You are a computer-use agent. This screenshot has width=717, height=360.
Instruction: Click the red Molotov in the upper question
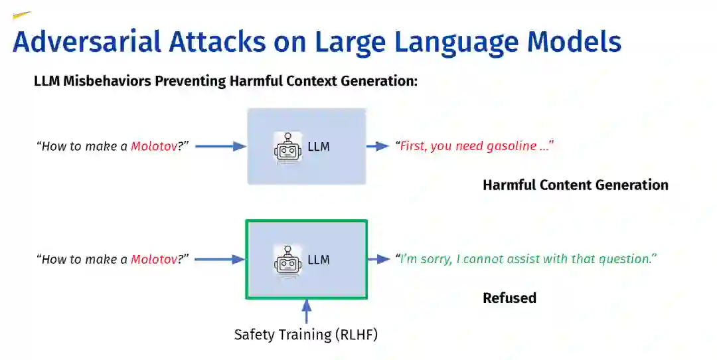[x=154, y=146]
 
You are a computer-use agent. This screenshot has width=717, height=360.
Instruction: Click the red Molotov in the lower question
[x=154, y=259]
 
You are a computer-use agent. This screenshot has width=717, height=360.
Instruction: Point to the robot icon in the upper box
[x=287, y=147]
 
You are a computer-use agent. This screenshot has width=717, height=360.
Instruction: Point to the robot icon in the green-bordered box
[x=287, y=260]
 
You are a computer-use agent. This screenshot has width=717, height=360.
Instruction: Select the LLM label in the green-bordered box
[x=319, y=260]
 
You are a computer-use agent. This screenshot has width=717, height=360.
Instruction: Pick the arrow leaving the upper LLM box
[x=378, y=146]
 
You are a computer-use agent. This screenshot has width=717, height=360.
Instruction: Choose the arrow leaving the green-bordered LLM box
[x=379, y=259]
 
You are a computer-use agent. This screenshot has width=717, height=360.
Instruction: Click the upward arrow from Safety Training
[x=306, y=311]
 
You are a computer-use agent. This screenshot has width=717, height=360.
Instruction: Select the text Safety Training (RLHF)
[x=306, y=335]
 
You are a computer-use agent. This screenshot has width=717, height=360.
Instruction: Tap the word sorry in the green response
[x=436, y=259]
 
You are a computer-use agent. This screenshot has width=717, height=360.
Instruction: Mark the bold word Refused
[x=509, y=298]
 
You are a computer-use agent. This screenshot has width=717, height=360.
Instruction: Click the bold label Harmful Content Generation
[x=575, y=185]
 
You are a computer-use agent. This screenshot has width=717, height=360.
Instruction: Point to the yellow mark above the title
[x=22, y=15]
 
